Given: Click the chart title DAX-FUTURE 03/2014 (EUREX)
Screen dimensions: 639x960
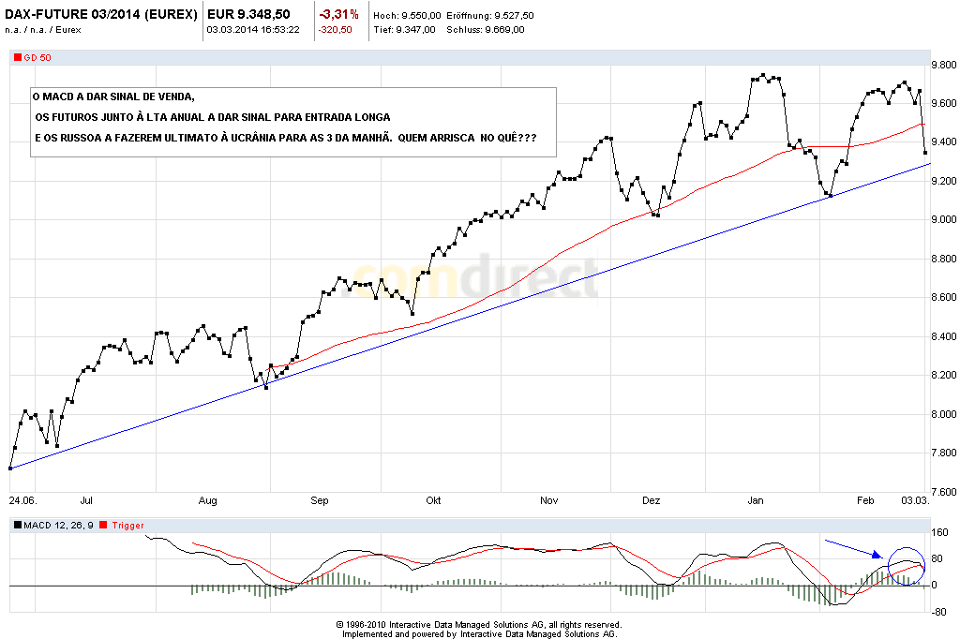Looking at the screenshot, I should [101, 15].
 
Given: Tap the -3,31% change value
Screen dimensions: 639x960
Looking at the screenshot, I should [338, 15].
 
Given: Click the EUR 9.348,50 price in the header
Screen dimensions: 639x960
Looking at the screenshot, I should [247, 15].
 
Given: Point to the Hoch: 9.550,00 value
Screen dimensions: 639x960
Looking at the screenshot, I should [405, 16].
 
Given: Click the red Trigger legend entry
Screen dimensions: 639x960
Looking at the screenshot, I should [128, 526].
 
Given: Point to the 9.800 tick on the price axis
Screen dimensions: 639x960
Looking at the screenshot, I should [939, 65].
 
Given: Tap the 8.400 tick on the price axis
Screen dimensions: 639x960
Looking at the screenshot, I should [939, 336].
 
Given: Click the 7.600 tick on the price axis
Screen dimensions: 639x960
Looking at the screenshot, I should [939, 493].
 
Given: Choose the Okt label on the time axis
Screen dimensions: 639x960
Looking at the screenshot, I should [432, 501].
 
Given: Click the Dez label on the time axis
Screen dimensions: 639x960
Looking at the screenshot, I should [651, 501].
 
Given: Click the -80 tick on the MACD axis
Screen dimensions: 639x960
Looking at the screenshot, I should [937, 612].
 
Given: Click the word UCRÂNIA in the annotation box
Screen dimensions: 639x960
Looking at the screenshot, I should [328, 138].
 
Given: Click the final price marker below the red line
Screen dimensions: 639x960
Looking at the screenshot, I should [925, 152].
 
